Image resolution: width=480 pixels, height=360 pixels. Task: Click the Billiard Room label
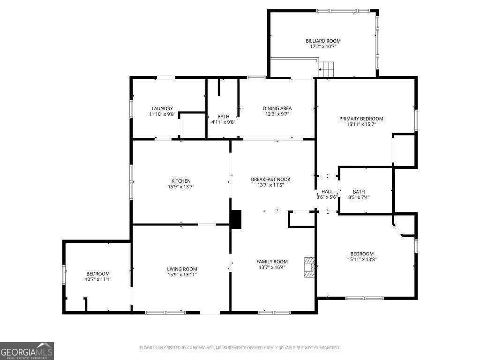(x=323, y=41)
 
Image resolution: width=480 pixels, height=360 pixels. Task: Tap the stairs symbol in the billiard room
(x=327, y=68)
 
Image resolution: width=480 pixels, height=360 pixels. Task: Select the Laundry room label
(x=161, y=108)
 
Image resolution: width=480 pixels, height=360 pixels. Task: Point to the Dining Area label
(x=277, y=108)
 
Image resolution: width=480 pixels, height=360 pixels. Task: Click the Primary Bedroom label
(x=361, y=119)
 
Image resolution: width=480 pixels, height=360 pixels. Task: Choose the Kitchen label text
(x=180, y=181)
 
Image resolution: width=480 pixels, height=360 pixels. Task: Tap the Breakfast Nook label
(x=270, y=180)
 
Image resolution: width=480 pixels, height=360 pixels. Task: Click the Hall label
(x=327, y=192)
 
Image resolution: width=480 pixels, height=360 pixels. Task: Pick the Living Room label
(x=182, y=269)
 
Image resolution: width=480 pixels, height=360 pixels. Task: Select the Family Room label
(x=272, y=262)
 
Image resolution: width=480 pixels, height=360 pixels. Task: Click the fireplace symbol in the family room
(x=309, y=266)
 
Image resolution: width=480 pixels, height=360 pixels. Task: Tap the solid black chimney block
(x=236, y=219)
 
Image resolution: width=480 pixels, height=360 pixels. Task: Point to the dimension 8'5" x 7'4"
(x=359, y=197)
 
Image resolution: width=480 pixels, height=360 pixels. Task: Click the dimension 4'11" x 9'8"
(x=223, y=122)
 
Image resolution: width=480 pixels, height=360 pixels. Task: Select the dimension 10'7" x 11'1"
(x=97, y=279)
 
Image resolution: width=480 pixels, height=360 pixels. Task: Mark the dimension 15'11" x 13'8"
(x=362, y=259)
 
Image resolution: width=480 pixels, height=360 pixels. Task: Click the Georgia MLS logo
(x=27, y=351)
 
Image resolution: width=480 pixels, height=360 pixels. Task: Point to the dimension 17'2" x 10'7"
(x=323, y=46)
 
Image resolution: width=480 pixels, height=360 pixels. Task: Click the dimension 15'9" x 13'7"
(x=180, y=187)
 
